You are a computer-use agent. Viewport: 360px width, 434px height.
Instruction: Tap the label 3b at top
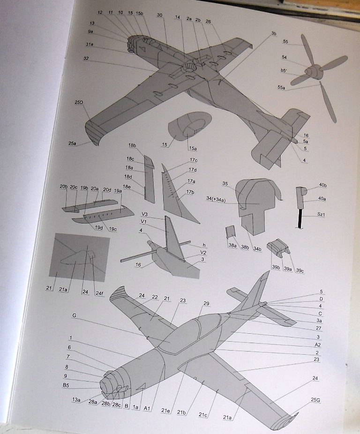coord(274,34)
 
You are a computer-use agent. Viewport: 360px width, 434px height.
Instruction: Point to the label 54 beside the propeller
coord(284,57)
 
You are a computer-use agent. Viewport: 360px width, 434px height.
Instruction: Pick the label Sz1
coord(321,215)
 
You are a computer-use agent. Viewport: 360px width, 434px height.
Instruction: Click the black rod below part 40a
coord(299,218)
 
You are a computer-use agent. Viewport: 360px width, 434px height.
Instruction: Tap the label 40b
coord(322,185)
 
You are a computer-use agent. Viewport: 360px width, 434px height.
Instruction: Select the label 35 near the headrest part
coord(225,184)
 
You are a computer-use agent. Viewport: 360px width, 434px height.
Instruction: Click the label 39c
coord(299,271)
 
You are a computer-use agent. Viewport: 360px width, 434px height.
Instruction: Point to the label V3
coord(144,214)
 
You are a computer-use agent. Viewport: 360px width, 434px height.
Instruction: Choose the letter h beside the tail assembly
coord(204,245)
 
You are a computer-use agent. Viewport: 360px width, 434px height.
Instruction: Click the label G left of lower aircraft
coord(74,316)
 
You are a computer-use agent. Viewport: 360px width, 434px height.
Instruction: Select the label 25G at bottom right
coord(315,400)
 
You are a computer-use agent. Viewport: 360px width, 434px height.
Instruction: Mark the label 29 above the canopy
coord(206,304)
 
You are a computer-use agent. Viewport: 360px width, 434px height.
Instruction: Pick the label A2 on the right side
coord(317,344)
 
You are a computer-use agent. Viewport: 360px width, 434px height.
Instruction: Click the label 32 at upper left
coord(86,59)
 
